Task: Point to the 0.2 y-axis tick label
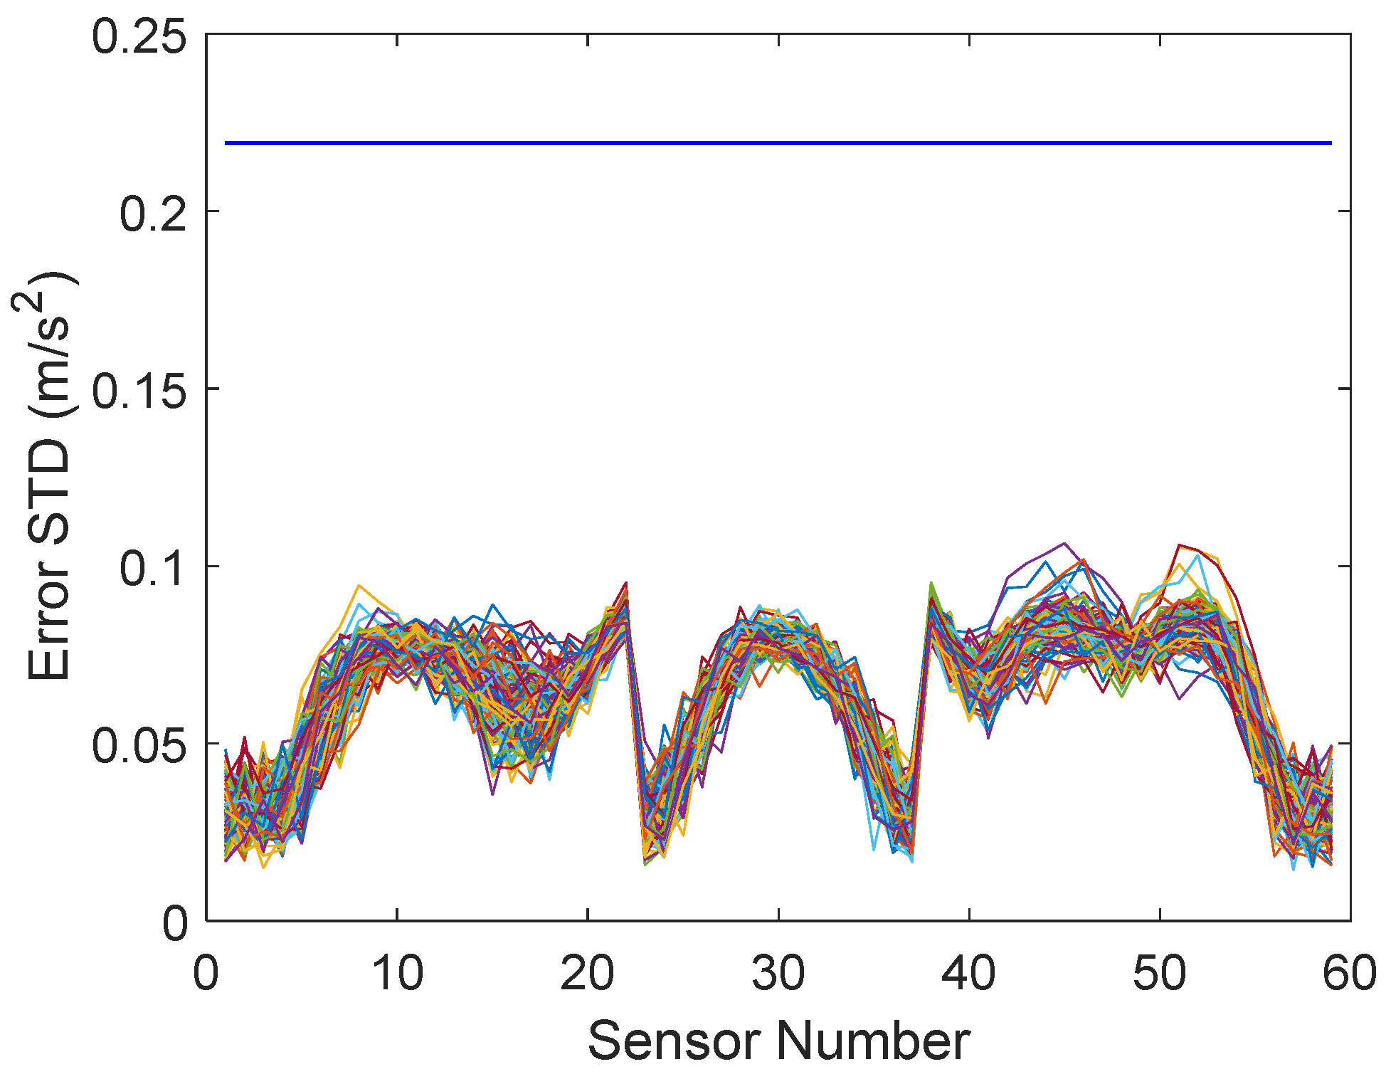click(x=153, y=214)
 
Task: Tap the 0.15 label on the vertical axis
click(x=139, y=391)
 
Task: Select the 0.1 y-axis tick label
click(x=153, y=568)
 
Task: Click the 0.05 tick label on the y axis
click(x=139, y=745)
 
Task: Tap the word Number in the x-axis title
click(x=873, y=1041)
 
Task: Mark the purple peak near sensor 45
click(x=1064, y=544)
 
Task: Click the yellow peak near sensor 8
click(x=359, y=586)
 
